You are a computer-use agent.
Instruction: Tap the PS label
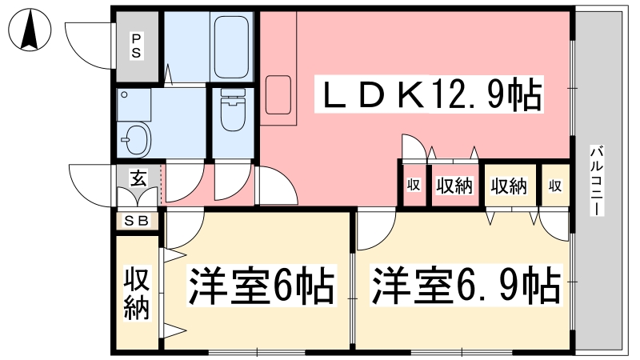click(137, 46)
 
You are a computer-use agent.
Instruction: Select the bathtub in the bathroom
click(232, 46)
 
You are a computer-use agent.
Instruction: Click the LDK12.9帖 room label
click(433, 97)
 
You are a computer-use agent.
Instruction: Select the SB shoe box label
click(138, 221)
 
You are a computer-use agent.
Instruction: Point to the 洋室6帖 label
click(260, 286)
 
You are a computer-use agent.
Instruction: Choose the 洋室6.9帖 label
click(464, 286)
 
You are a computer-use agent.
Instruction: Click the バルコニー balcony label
click(597, 180)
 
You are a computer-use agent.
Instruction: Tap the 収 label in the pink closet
click(413, 186)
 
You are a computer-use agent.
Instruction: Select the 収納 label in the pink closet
click(454, 186)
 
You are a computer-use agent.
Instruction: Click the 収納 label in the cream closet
click(509, 186)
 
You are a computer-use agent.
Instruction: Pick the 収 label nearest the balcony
click(554, 186)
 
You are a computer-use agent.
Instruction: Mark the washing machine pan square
click(134, 102)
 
